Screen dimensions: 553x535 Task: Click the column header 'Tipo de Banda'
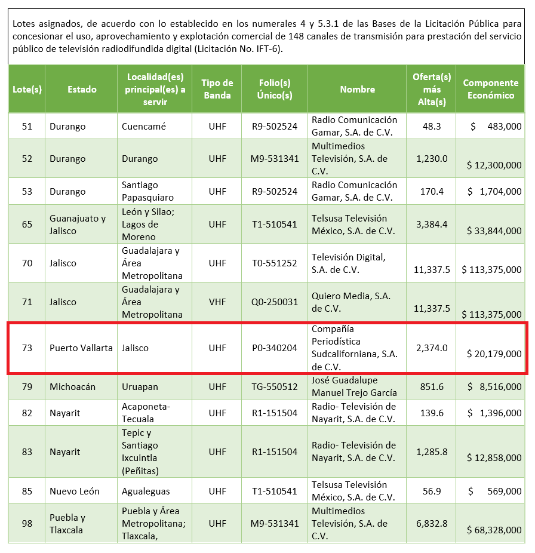point(217,89)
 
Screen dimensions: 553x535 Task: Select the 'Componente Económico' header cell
point(491,89)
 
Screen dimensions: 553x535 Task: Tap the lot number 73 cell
point(27,348)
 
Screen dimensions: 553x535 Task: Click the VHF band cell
point(217,302)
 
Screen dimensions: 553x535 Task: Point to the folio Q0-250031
point(274,302)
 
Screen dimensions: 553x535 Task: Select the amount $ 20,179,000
point(494,354)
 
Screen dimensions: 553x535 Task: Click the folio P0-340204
point(274,348)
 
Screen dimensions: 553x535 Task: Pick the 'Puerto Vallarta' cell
point(81,348)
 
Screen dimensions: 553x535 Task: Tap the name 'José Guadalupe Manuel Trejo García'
point(353,386)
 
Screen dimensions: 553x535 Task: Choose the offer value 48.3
point(431,127)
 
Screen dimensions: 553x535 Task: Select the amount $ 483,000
point(495,127)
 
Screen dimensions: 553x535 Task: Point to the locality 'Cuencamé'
point(144,127)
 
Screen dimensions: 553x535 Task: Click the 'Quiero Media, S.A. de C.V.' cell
point(351,302)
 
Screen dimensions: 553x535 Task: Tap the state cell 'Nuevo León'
point(75,491)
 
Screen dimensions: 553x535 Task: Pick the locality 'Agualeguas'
point(146,491)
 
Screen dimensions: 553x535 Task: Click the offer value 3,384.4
point(432,225)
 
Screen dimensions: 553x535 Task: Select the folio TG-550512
point(274,387)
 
